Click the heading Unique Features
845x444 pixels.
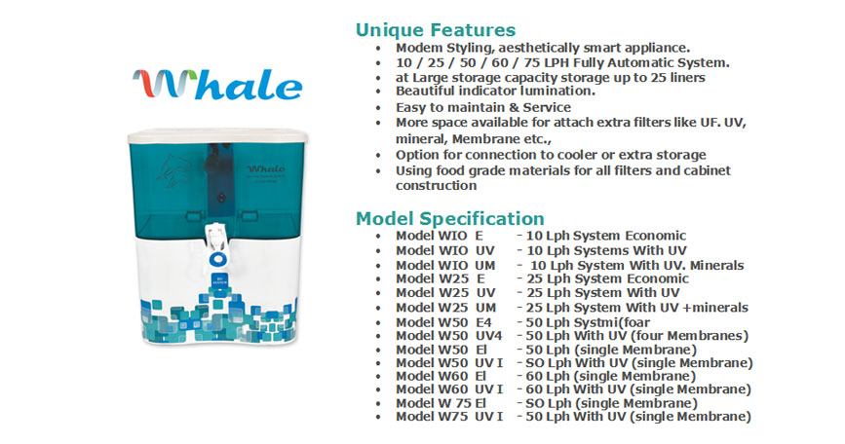click(x=436, y=29)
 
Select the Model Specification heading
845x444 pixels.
click(x=450, y=218)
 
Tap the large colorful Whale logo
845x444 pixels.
click(x=217, y=85)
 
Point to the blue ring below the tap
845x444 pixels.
click(x=217, y=259)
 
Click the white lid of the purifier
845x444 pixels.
click(x=217, y=135)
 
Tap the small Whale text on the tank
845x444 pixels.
click(x=266, y=168)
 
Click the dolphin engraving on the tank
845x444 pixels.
click(x=173, y=170)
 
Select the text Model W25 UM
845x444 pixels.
click(x=445, y=308)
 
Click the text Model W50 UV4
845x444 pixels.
click(x=448, y=336)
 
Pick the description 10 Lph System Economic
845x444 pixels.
click(x=606, y=236)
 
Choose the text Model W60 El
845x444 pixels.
click(x=441, y=376)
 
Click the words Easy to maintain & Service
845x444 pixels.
click(x=483, y=108)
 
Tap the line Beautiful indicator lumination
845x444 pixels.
click(x=495, y=91)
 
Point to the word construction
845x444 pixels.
click(x=436, y=186)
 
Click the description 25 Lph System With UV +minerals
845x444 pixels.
click(x=637, y=308)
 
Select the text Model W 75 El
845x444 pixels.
click(x=441, y=403)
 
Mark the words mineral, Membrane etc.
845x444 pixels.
click(x=474, y=139)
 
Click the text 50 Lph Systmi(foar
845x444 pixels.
click(x=588, y=322)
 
